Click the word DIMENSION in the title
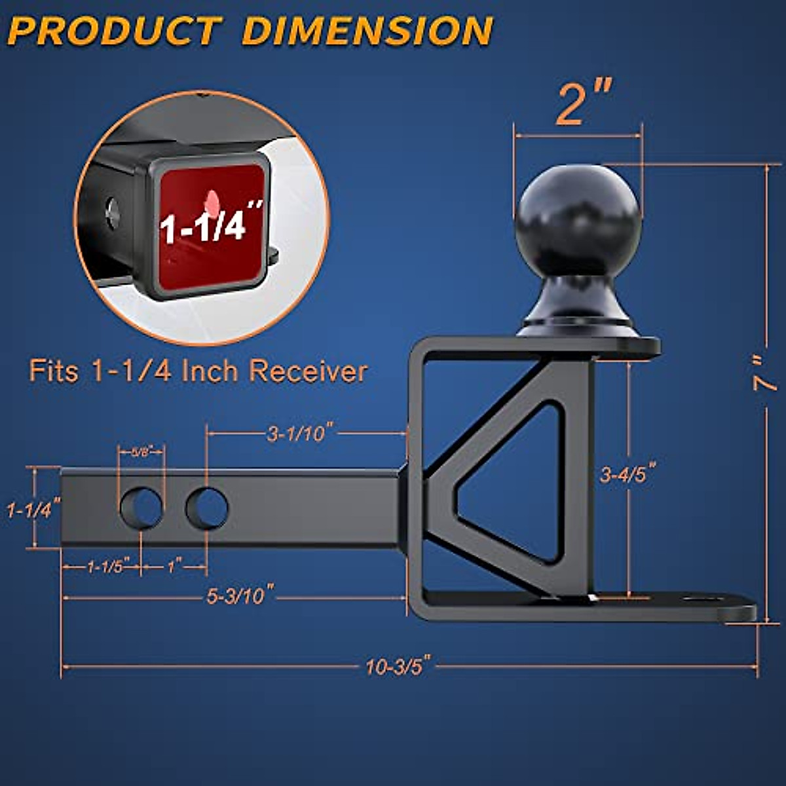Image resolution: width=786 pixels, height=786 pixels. point(367,31)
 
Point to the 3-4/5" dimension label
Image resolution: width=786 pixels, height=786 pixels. point(628,474)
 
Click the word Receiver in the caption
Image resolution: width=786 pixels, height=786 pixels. point(308,371)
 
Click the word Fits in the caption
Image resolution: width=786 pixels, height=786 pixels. point(54,371)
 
